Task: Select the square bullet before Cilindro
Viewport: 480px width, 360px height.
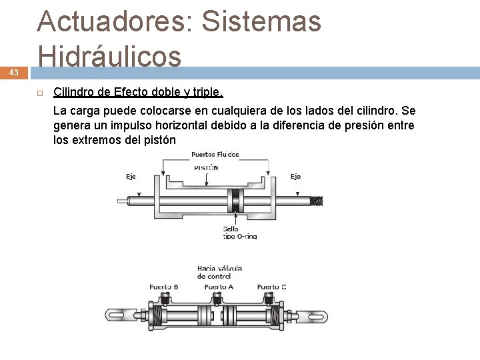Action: (40, 92)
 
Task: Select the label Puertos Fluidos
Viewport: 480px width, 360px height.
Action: (215, 155)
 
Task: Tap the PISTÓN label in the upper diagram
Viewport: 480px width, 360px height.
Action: (206, 168)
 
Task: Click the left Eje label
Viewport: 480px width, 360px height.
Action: (131, 177)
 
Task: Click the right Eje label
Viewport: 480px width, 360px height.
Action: (296, 177)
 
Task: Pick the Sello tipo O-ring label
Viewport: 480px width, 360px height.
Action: (239, 232)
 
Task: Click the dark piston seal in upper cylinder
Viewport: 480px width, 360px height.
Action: (234, 199)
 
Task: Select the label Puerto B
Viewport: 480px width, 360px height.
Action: (163, 287)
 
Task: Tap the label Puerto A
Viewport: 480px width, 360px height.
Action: (219, 287)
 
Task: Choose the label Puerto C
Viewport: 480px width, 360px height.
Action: (272, 287)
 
